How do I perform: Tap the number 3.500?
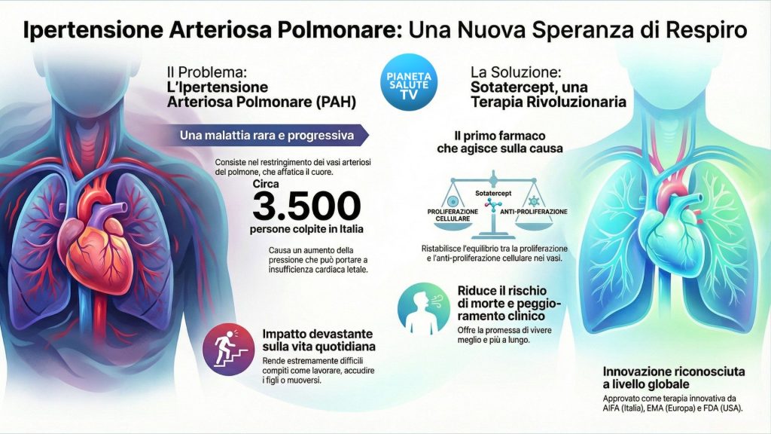(306, 206)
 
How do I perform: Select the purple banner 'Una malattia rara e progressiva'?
(269, 136)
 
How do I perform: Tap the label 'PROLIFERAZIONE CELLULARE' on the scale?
(453, 215)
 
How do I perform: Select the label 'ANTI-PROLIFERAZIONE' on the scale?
(534, 212)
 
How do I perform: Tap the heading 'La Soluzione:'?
(516, 72)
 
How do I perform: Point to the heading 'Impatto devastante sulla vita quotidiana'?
(318, 341)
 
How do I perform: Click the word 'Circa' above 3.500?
(267, 183)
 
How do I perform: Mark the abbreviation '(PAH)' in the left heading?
(326, 100)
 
